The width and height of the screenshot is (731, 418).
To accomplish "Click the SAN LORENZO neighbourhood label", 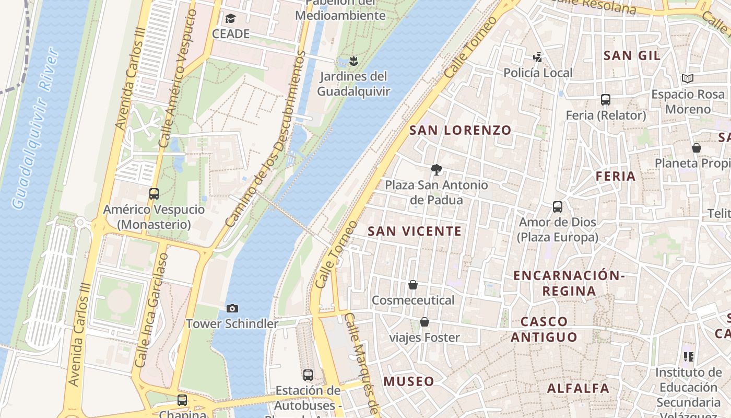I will click(460, 130).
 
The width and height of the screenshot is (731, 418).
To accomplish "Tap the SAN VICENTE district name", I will click(415, 231).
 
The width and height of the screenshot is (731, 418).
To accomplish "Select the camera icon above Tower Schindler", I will click(232, 308).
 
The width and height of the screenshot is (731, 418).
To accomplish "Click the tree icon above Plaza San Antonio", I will click(436, 169).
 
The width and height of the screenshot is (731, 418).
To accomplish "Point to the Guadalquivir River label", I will click(35, 128).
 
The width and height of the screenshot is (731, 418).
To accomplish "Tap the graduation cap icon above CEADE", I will click(230, 19).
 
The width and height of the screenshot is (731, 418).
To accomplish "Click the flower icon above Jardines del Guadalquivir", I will click(354, 61).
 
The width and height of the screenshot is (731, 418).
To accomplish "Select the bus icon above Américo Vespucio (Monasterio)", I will click(154, 194).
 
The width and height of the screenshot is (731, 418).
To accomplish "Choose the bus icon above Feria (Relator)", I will click(606, 99).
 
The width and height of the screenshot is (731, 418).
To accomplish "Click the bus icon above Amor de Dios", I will click(558, 207).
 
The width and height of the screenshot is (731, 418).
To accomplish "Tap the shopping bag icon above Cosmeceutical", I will click(413, 285).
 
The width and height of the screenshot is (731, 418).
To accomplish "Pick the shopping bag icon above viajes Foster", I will click(425, 322).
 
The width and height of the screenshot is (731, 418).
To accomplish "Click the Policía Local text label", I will click(538, 73).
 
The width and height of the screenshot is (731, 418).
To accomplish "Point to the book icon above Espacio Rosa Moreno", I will click(688, 79).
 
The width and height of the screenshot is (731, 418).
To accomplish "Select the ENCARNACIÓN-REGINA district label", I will click(569, 283).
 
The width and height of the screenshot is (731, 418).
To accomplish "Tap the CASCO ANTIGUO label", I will click(544, 329).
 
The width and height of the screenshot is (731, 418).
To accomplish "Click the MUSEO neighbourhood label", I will click(409, 381).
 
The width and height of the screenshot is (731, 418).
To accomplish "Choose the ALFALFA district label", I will click(578, 388).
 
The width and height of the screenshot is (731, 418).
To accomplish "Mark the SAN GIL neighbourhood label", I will click(632, 55).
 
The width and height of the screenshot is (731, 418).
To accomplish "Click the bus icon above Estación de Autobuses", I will click(308, 375).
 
